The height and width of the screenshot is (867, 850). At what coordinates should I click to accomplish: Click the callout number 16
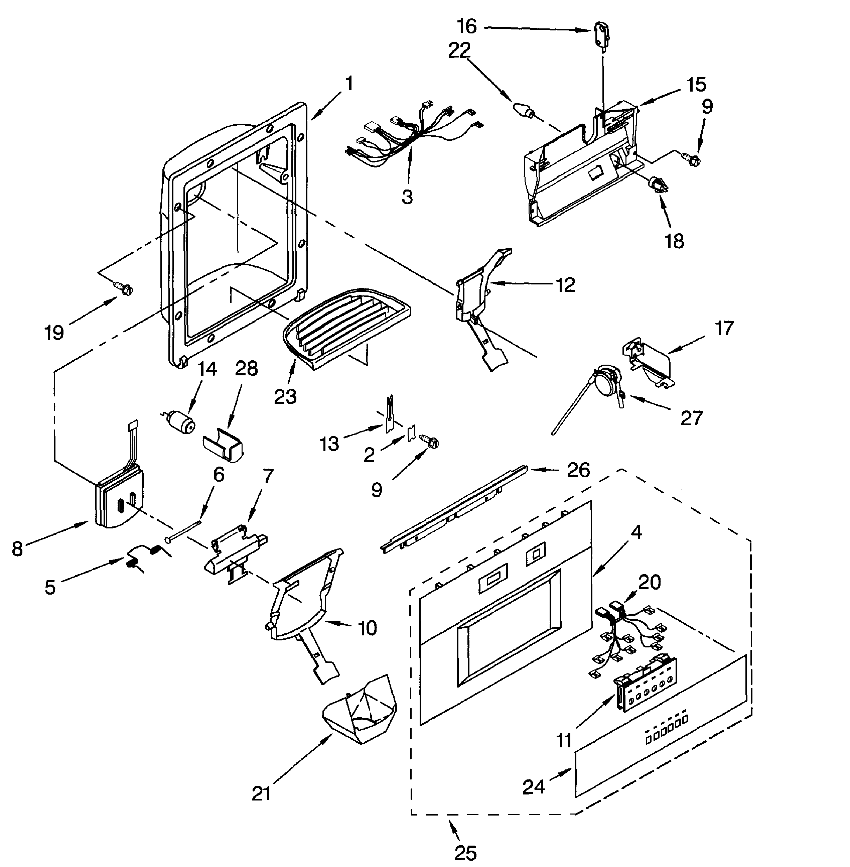pos(466,27)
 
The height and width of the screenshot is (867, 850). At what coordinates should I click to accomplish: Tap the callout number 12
pos(566,284)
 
